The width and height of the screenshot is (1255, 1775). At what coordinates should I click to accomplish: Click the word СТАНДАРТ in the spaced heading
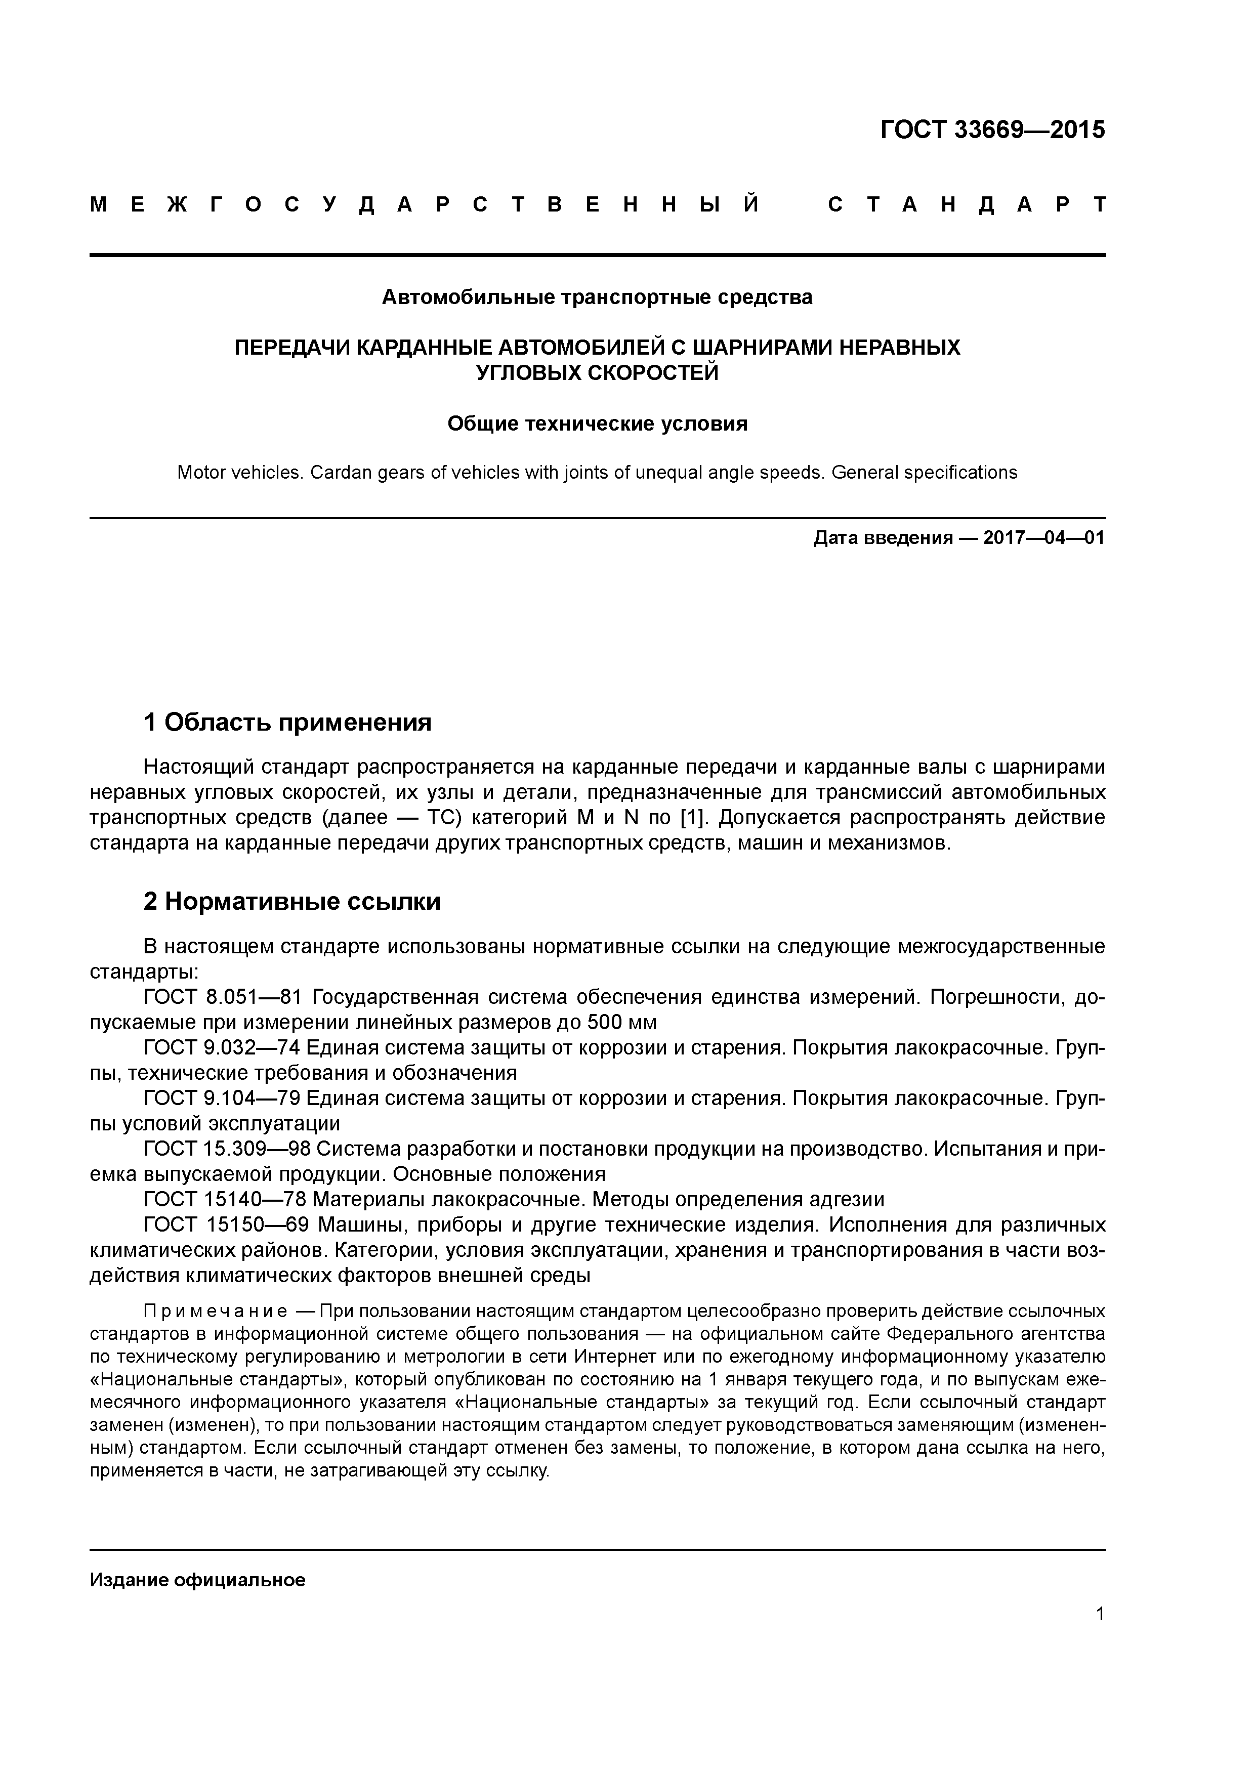tap(967, 205)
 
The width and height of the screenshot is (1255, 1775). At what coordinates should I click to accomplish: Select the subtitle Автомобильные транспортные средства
tap(597, 297)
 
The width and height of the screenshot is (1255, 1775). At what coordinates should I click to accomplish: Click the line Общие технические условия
tap(597, 424)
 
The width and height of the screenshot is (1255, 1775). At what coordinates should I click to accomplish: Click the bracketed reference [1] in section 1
tap(694, 817)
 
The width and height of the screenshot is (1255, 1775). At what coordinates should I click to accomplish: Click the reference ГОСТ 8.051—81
tap(223, 997)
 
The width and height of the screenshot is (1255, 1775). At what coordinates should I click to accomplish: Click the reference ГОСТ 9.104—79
tap(223, 1098)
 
